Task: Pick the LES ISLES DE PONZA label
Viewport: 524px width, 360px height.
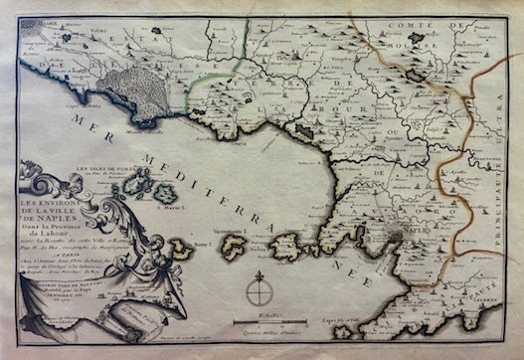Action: (105, 169)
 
